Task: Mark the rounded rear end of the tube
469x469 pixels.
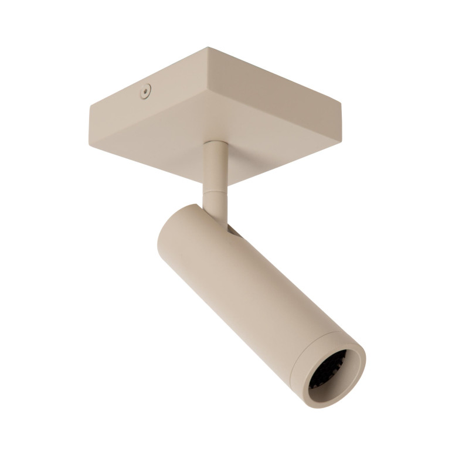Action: coord(176,235)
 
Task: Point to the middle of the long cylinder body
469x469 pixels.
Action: coord(246,287)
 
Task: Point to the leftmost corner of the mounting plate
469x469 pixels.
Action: coord(90,106)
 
